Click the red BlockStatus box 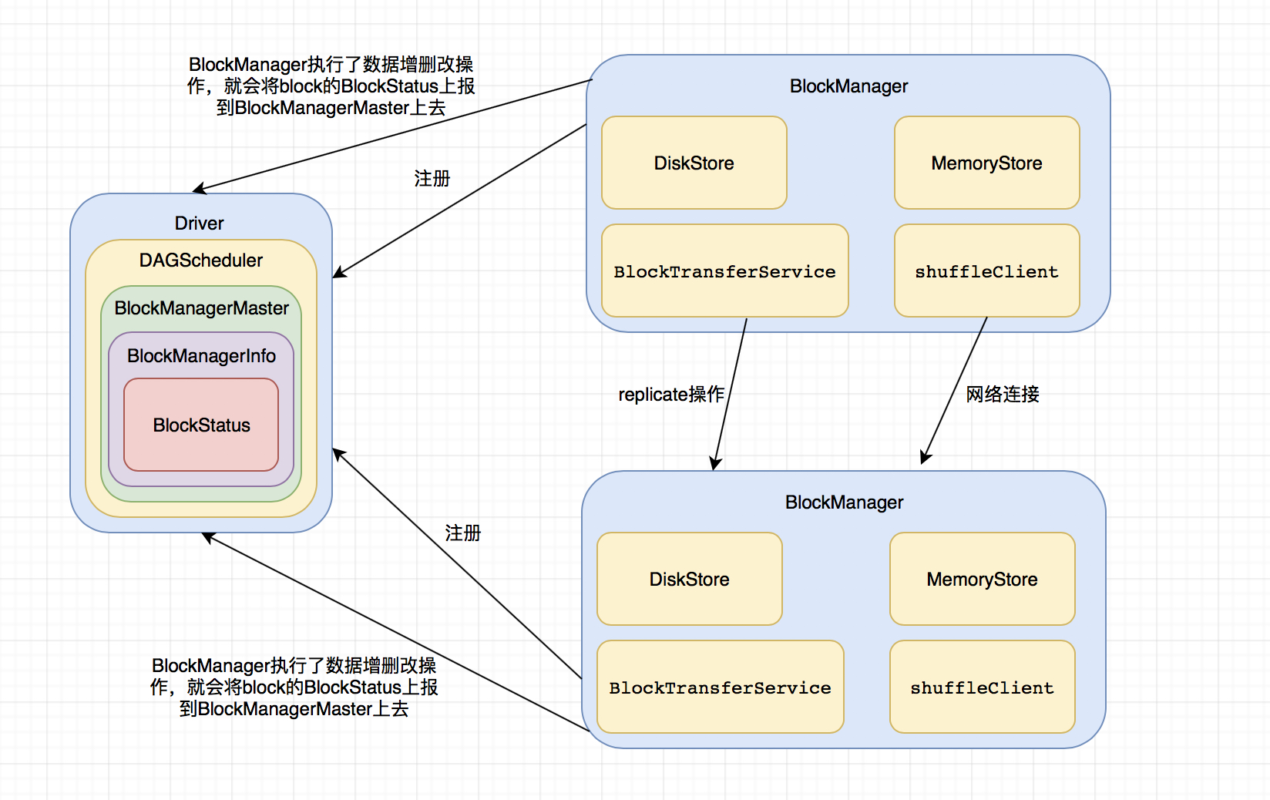[x=201, y=425]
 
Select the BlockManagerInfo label [x=201, y=355]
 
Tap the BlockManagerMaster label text [x=201, y=308]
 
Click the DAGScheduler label [x=201, y=261]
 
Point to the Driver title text [x=199, y=224]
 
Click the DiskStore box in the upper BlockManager [x=694, y=163]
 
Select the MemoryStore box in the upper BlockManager [x=986, y=163]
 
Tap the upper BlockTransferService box [x=724, y=271]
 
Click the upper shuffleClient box [x=986, y=271]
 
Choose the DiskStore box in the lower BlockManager [x=689, y=579]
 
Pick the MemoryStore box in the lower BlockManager [x=982, y=579]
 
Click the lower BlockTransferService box [x=720, y=687]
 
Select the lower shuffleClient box [x=982, y=687]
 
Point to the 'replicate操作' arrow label [x=670, y=395]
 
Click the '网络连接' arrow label [x=1003, y=395]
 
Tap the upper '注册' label [x=432, y=179]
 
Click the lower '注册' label [x=462, y=533]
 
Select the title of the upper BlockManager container [x=848, y=86]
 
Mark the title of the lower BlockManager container [x=844, y=503]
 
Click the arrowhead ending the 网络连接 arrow [x=925, y=459]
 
